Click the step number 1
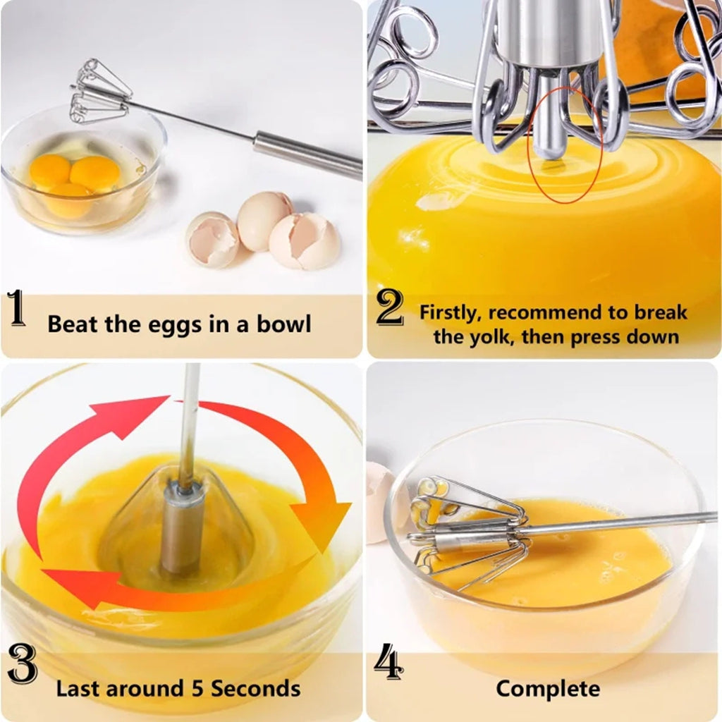click(17, 311)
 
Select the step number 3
click(22, 666)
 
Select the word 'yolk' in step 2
click(495, 336)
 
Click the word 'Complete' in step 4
click(548, 688)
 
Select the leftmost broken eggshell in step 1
click(212, 240)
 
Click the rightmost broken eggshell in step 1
click(305, 240)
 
